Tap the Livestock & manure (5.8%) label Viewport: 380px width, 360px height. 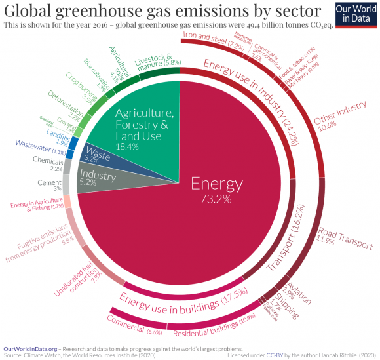[158, 63]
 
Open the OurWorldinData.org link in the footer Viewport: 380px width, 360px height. [29, 348]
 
